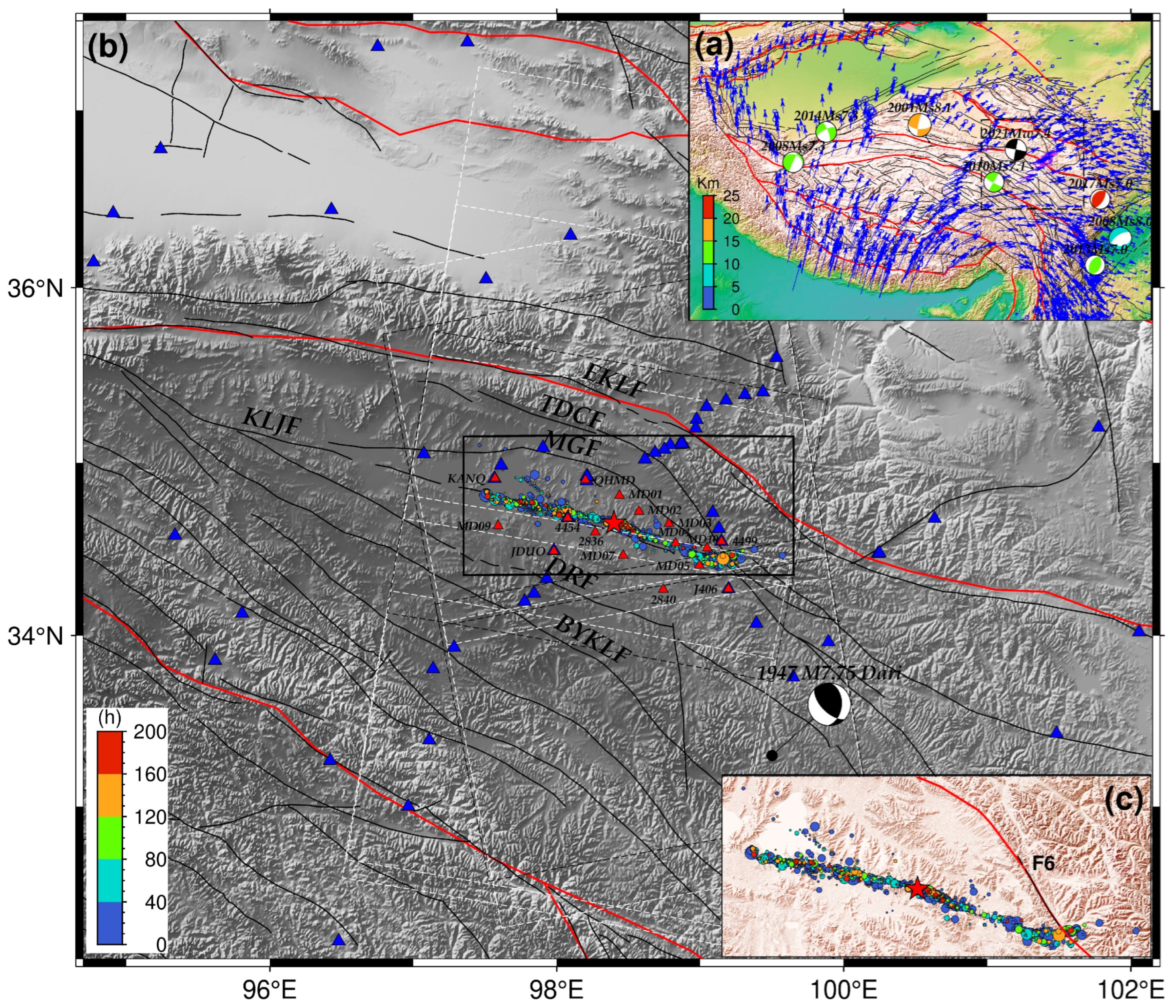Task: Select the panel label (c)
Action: [x=1123, y=800]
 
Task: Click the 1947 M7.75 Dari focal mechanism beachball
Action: [x=829, y=704]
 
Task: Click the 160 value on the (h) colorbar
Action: [x=151, y=774]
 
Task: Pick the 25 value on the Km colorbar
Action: [x=732, y=197]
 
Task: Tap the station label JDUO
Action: [x=528, y=551]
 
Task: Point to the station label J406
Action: [x=705, y=589]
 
